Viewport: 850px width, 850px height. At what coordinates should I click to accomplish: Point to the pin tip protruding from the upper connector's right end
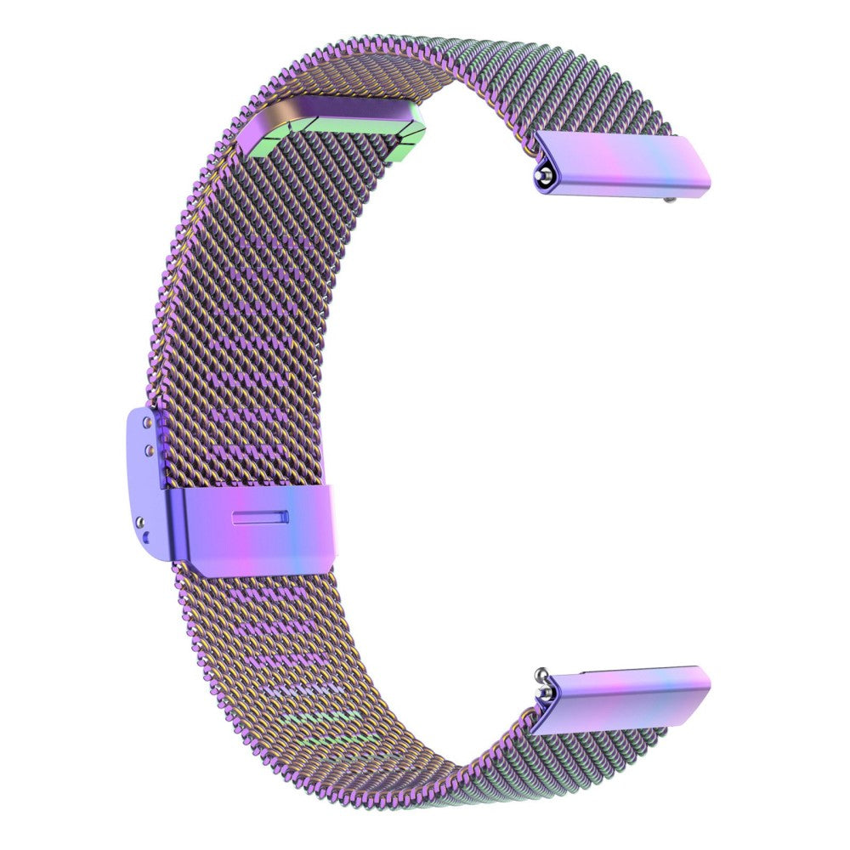click(672, 201)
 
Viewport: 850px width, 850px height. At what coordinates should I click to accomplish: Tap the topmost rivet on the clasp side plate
click(152, 420)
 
